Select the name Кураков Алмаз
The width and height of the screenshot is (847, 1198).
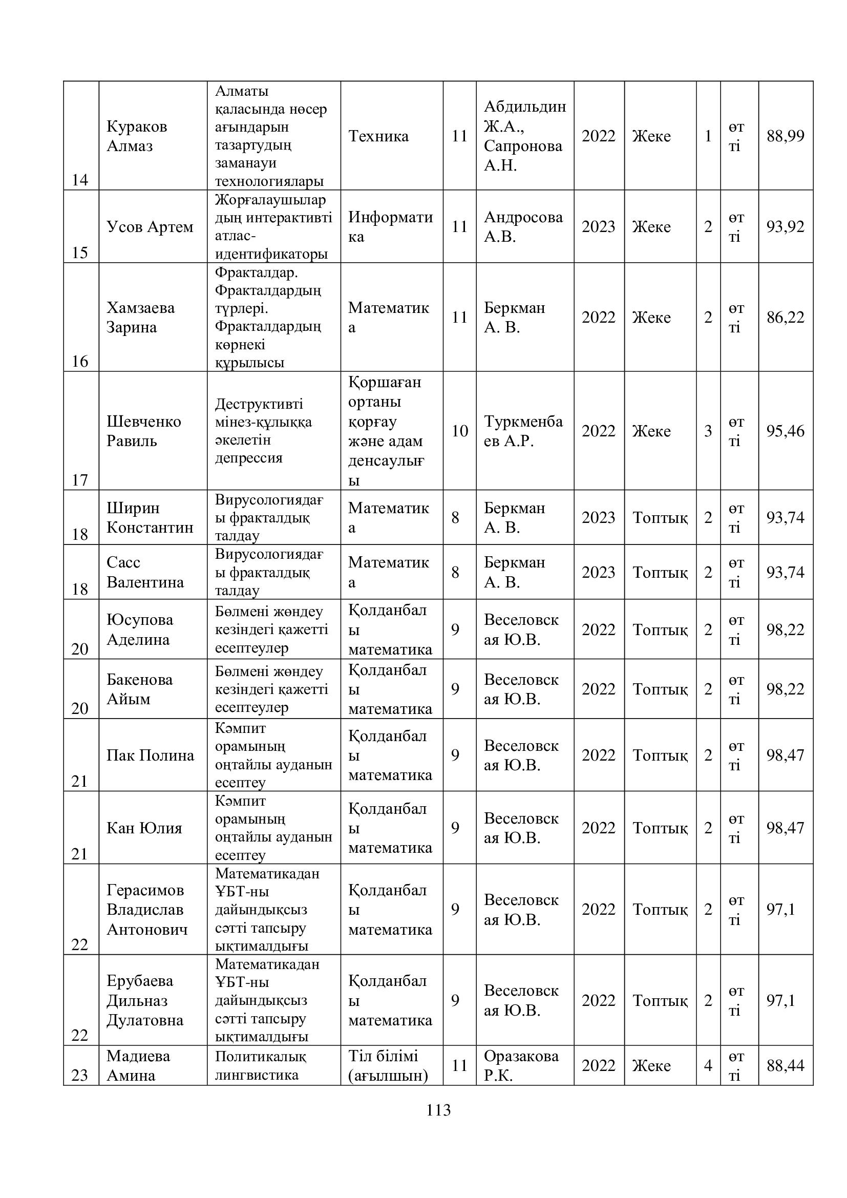click(x=137, y=136)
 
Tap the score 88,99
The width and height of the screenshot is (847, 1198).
click(x=785, y=136)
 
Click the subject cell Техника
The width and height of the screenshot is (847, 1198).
click(x=378, y=136)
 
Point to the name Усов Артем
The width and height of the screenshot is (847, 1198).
click(x=150, y=227)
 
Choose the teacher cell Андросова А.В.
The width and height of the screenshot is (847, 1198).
click(x=523, y=227)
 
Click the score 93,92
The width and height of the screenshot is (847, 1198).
click(x=785, y=227)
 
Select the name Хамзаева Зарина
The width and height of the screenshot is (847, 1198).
click(x=140, y=317)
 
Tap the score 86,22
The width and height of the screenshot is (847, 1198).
click(x=785, y=317)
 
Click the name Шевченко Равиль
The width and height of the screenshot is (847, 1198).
click(x=143, y=431)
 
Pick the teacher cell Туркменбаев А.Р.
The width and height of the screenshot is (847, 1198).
click(x=523, y=431)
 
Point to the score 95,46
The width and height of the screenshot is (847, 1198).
click(x=785, y=431)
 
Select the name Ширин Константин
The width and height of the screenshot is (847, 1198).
click(x=150, y=518)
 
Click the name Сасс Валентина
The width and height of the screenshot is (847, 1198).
click(x=145, y=573)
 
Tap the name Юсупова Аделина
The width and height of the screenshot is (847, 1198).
click(x=139, y=629)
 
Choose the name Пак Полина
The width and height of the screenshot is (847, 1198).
click(x=150, y=755)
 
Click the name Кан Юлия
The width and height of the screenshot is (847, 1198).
click(x=144, y=828)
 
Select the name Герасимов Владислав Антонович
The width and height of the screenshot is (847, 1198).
click(x=146, y=910)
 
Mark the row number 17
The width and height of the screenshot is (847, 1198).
click(x=80, y=479)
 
